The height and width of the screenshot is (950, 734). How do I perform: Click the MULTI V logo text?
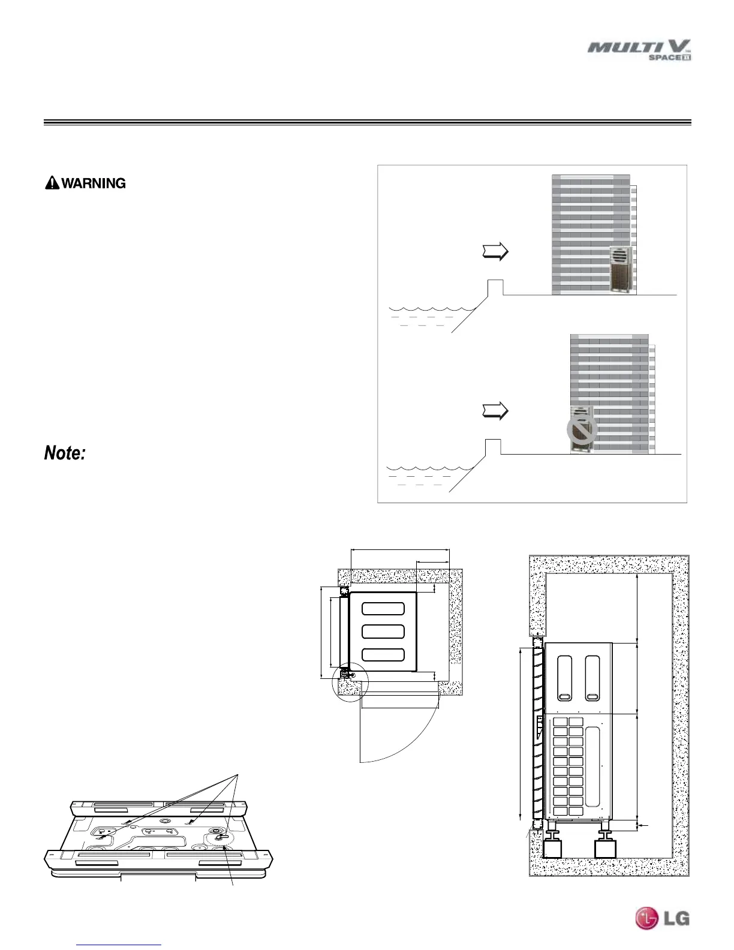(639, 47)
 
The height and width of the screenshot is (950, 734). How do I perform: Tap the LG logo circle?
(647, 918)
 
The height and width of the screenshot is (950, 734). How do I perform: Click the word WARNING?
(94, 184)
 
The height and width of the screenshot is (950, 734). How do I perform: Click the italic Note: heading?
(65, 453)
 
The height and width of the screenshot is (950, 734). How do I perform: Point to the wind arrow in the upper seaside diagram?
(495, 252)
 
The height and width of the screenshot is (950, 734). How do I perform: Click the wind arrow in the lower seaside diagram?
(495, 411)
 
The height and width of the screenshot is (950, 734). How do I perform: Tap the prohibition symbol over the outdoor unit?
(582, 429)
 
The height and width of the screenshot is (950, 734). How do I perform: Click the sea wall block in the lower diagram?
(492, 447)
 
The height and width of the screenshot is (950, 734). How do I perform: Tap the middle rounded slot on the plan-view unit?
(383, 632)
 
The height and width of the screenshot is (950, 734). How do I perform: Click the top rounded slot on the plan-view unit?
(383, 608)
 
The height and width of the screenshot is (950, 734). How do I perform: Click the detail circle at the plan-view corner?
(350, 682)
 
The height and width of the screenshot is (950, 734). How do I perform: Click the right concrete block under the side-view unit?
(604, 849)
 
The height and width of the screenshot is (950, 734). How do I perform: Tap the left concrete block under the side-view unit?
(552, 849)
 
